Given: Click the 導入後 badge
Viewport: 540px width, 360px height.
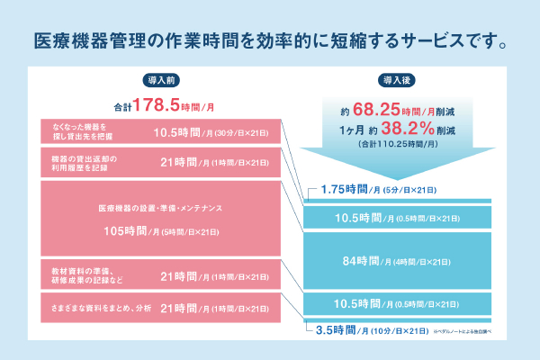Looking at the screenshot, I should [x=397, y=80].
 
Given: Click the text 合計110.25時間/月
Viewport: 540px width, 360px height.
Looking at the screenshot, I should [x=397, y=143].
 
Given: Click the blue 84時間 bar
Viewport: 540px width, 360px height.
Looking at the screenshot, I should [x=397, y=261].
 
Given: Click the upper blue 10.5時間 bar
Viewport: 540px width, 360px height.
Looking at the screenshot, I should [x=397, y=217].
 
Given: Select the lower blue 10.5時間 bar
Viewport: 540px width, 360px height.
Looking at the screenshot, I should [x=397, y=304].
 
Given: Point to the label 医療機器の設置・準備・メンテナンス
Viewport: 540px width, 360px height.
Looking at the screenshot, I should [x=160, y=208].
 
